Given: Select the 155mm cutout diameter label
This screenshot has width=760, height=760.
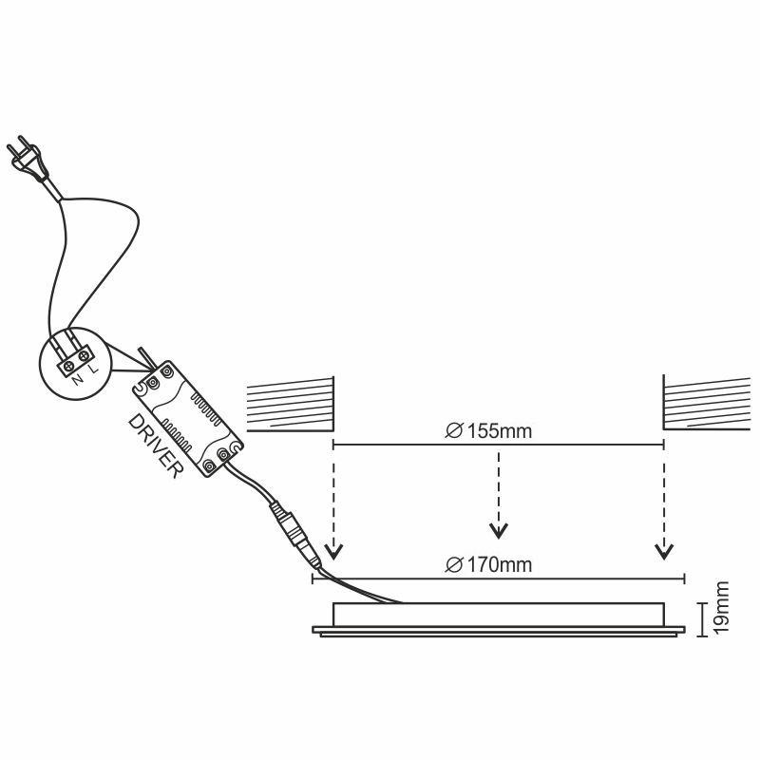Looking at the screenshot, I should point(488,431).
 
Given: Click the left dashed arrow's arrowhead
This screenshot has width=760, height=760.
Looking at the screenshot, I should point(332,552).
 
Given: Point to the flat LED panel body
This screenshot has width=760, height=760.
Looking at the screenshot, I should point(498,617).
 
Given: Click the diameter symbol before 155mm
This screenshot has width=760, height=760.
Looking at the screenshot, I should point(452,431).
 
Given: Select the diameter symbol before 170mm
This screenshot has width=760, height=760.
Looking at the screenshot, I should point(452,565).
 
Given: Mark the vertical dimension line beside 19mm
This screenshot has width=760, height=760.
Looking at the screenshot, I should point(702,611).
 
